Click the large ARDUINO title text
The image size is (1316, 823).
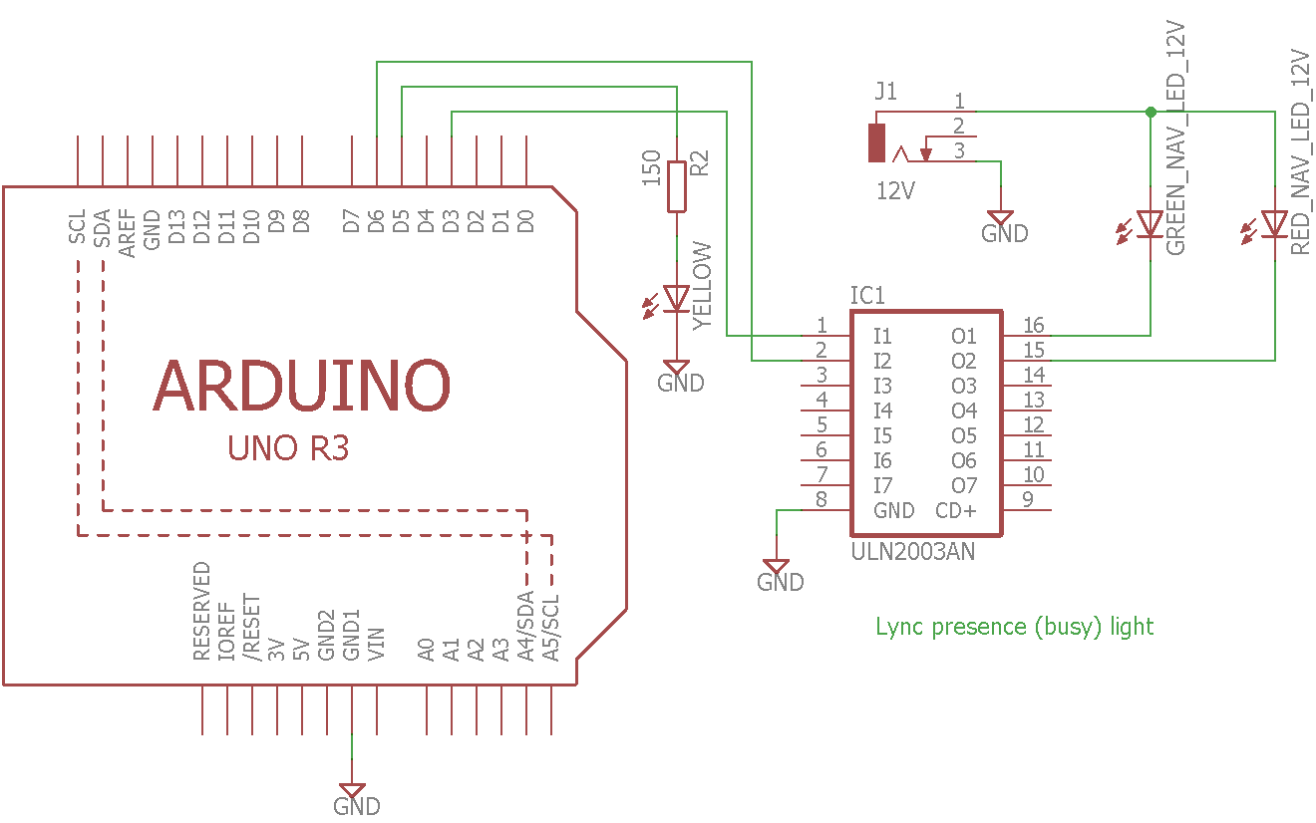pyautogui.click(x=302, y=387)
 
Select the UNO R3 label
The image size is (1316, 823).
pyautogui.click(x=288, y=448)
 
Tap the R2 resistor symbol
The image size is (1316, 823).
pyautogui.click(x=677, y=185)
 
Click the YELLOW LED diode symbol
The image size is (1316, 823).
pyautogui.click(x=677, y=298)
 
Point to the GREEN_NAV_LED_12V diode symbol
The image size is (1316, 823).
pyautogui.click(x=1151, y=224)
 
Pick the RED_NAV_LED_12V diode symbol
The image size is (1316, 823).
pyautogui.click(x=1274, y=224)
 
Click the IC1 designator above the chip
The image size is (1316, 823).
pyautogui.click(x=867, y=296)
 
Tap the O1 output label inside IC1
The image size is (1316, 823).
pyautogui.click(x=964, y=337)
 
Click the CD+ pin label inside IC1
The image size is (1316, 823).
pyautogui.click(x=956, y=511)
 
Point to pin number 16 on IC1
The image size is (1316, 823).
pyautogui.click(x=1034, y=325)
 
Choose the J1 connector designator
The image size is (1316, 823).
pyautogui.click(x=885, y=93)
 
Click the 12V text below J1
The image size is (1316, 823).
pyautogui.click(x=895, y=189)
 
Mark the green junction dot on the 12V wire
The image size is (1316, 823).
pyautogui.click(x=1151, y=112)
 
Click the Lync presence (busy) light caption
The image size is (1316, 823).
pyautogui.click(x=1014, y=627)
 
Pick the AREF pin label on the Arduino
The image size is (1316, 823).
pyautogui.click(x=128, y=233)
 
